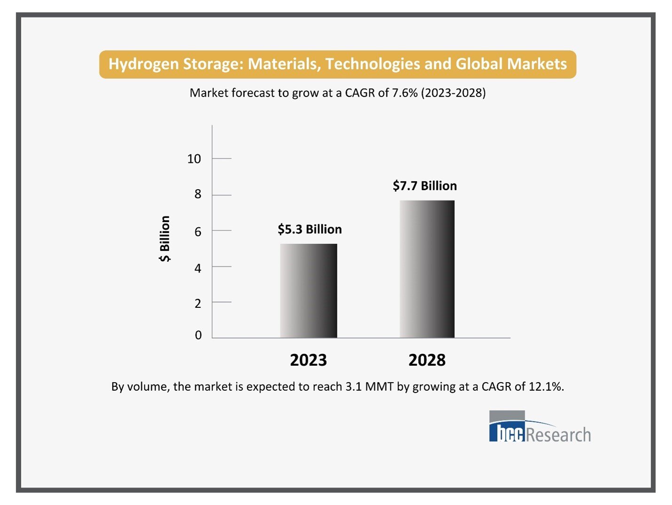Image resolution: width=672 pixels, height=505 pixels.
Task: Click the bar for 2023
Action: coord(308,290)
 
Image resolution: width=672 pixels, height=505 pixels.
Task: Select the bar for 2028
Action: coord(427,269)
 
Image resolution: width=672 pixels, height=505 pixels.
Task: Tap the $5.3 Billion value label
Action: coord(310,229)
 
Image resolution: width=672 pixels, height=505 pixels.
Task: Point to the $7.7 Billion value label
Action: coord(425,186)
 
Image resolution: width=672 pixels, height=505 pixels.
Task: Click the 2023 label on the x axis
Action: coord(308,360)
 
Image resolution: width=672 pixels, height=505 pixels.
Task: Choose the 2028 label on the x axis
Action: coord(427,360)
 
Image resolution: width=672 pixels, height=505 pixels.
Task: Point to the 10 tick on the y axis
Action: coord(194,159)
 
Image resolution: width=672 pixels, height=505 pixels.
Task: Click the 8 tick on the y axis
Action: coord(198,194)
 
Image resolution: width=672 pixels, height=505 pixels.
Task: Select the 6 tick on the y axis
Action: coord(198,232)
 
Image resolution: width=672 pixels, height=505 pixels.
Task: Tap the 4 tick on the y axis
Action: coord(198,268)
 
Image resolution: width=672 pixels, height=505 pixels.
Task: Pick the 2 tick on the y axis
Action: coord(198,304)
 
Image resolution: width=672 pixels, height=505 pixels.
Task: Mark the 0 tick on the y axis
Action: coord(198,335)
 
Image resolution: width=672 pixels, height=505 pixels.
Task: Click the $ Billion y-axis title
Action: coord(164,239)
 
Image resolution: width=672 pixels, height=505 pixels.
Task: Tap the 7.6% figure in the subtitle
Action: coord(405,93)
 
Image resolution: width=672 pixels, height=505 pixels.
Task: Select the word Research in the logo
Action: coord(558,435)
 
